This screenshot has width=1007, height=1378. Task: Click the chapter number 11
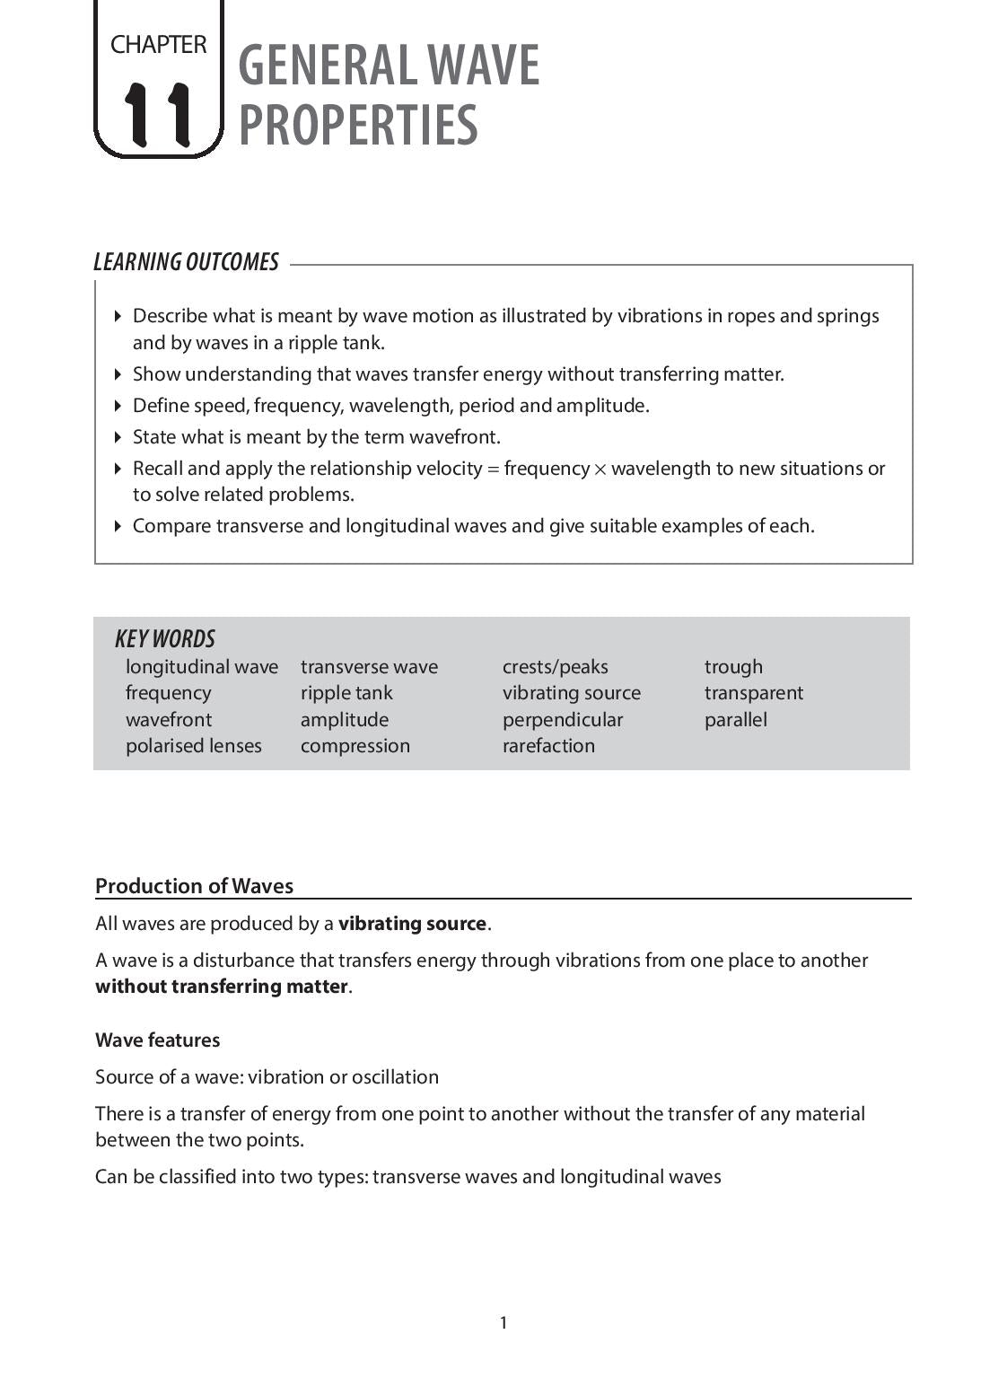pyautogui.click(x=158, y=114)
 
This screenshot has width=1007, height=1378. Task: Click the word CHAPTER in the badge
pyautogui.click(x=158, y=44)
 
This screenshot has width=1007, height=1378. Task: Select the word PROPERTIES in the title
pyautogui.click(x=358, y=126)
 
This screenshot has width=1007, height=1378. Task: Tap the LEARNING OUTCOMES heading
pyautogui.click(x=186, y=262)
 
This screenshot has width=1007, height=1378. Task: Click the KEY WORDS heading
pyautogui.click(x=165, y=639)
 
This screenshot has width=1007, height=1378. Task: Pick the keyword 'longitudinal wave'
pyautogui.click(x=202, y=667)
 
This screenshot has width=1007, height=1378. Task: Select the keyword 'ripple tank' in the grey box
pyautogui.click(x=346, y=693)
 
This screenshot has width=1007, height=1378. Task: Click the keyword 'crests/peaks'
pyautogui.click(x=555, y=667)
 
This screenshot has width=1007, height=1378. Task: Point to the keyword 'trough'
pyautogui.click(x=733, y=667)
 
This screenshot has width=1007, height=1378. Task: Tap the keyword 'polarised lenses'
pyautogui.click(x=194, y=746)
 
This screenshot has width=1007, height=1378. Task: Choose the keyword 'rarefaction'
pyautogui.click(x=548, y=746)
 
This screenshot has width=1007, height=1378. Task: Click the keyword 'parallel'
pyautogui.click(x=735, y=720)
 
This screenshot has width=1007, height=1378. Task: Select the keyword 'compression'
pyautogui.click(x=355, y=746)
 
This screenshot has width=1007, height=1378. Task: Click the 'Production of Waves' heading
pyautogui.click(x=194, y=886)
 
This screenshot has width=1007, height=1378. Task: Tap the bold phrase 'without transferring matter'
pyautogui.click(x=221, y=987)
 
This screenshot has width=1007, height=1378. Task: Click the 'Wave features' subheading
pyautogui.click(x=157, y=1040)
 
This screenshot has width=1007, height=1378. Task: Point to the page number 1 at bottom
pyautogui.click(x=503, y=1322)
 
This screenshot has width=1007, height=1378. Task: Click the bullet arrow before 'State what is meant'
pyautogui.click(x=118, y=437)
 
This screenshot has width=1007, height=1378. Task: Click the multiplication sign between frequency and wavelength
pyautogui.click(x=600, y=470)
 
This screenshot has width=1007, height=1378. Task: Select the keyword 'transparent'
pyautogui.click(x=754, y=693)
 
